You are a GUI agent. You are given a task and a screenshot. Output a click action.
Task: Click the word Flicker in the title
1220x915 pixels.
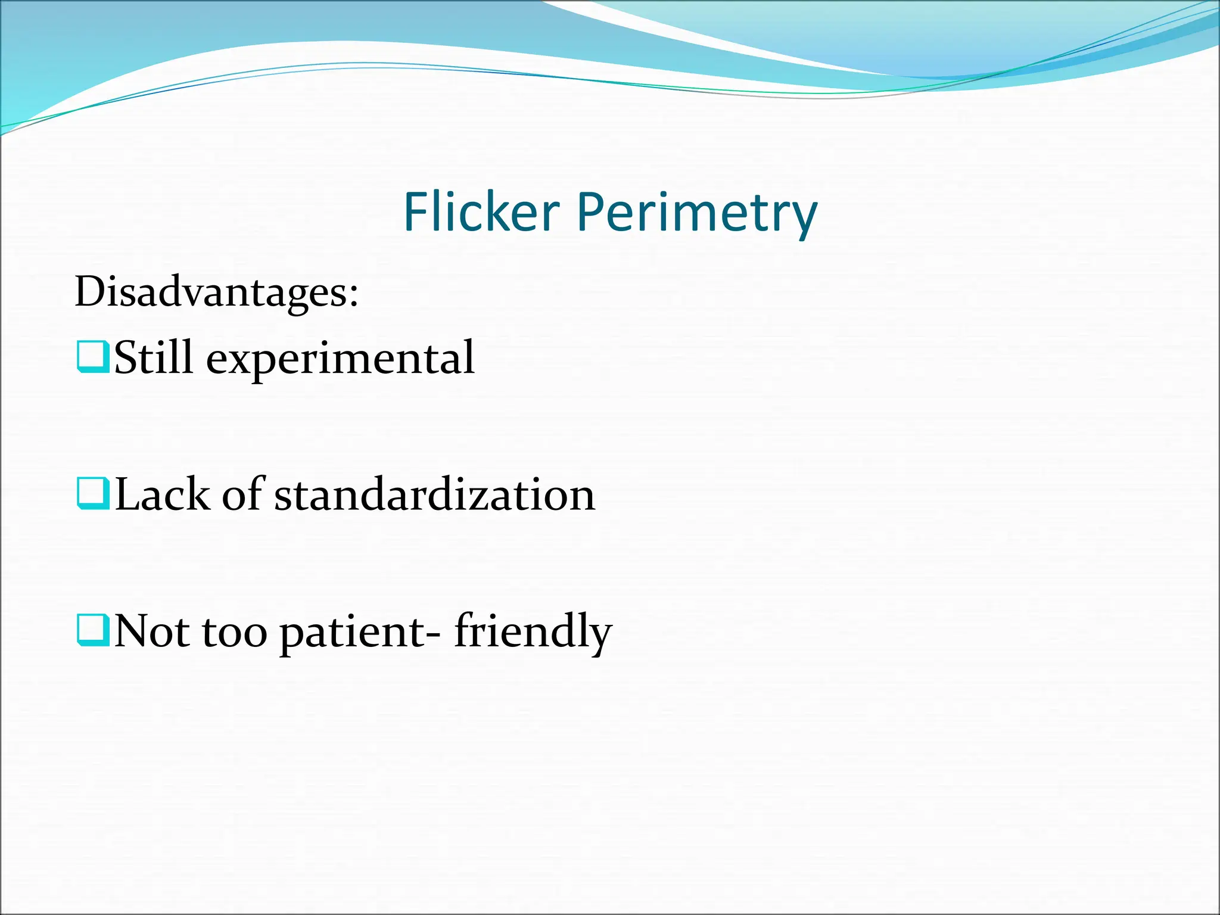coord(481,212)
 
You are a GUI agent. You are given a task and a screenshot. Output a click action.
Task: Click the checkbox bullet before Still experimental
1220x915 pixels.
coord(93,357)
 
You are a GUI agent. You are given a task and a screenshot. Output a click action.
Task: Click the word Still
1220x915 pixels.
coord(154,357)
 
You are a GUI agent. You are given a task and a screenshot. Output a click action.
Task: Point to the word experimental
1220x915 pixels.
coord(340,360)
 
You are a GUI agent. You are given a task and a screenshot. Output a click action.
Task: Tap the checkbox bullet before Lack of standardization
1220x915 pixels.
coord(93,494)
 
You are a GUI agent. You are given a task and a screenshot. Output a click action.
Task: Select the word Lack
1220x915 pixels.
coord(162,494)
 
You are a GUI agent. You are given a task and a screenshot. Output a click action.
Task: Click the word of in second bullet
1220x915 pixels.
coord(243,494)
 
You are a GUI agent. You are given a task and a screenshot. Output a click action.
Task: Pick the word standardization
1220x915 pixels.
coord(434,495)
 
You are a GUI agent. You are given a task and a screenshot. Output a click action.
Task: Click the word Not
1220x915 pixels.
coord(151,631)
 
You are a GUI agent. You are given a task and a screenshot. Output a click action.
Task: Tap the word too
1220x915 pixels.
coord(235,633)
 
